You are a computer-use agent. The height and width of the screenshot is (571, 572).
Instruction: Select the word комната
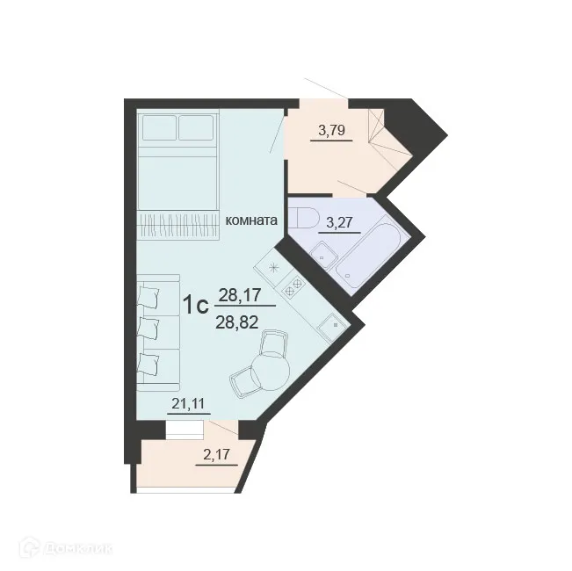(x=252, y=220)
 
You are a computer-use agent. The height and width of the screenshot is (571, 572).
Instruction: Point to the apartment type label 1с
(x=194, y=305)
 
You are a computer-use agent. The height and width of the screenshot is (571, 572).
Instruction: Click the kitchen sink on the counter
(x=333, y=326)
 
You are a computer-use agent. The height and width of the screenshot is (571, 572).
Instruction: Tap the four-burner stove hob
(x=292, y=284)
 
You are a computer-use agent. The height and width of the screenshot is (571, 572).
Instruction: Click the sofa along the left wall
(x=156, y=335)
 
